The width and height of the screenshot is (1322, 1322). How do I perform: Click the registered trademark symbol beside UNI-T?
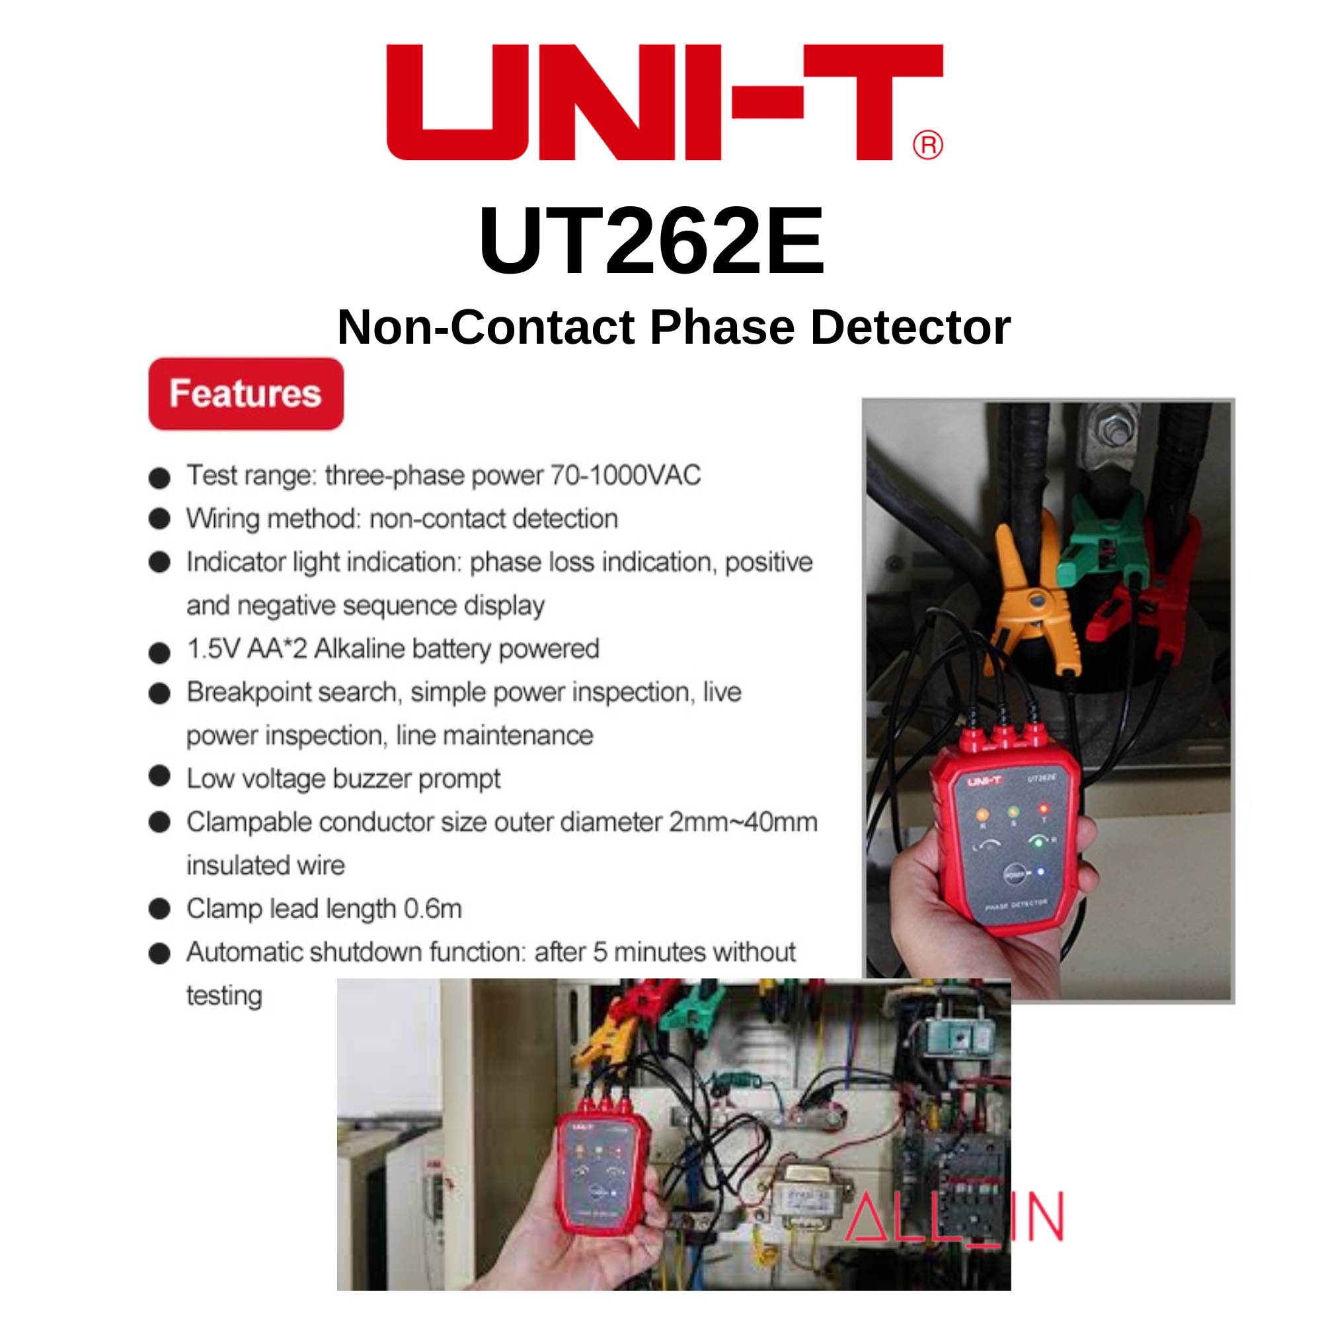point(928,145)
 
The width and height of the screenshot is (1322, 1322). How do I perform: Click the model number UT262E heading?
point(652,241)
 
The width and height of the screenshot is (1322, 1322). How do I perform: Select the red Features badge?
point(246,393)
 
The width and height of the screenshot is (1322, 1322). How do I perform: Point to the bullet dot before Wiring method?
point(159,519)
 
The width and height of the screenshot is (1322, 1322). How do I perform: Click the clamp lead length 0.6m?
point(432,909)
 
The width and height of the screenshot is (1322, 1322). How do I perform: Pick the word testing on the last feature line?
point(225,995)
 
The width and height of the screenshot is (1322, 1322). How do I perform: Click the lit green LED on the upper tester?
point(1038,841)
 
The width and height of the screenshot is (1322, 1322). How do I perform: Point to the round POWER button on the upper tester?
point(1014,875)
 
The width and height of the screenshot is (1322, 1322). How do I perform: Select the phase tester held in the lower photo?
point(602,1173)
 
